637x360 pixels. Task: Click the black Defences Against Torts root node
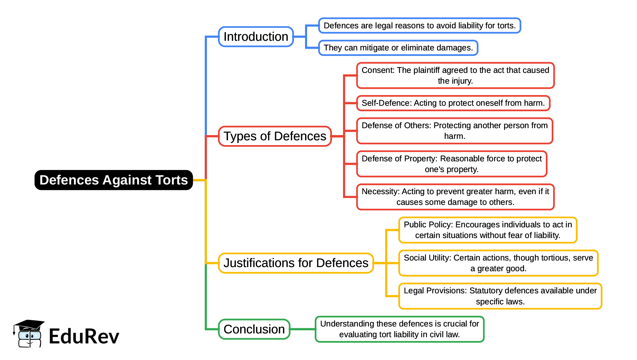click(x=113, y=180)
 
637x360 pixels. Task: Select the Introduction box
click(x=256, y=37)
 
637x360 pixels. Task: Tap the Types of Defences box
click(x=275, y=136)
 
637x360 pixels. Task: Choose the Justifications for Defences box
click(x=296, y=263)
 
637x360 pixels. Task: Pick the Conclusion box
click(x=254, y=329)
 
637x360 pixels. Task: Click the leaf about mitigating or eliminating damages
click(x=398, y=48)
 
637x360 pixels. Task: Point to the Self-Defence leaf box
click(x=453, y=103)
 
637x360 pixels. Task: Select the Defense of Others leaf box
click(x=454, y=131)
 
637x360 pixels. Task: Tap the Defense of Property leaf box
click(x=451, y=164)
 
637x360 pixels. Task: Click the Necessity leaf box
click(x=455, y=197)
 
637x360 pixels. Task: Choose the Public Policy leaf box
click(x=487, y=230)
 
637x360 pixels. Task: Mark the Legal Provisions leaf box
click(x=500, y=296)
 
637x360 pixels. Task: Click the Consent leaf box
click(x=455, y=75)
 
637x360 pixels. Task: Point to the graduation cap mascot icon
click(x=29, y=333)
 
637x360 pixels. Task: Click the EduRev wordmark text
click(x=84, y=336)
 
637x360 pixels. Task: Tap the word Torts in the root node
click(x=172, y=180)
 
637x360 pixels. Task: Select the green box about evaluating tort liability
click(x=399, y=329)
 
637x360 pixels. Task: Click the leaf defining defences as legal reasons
click(x=419, y=26)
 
